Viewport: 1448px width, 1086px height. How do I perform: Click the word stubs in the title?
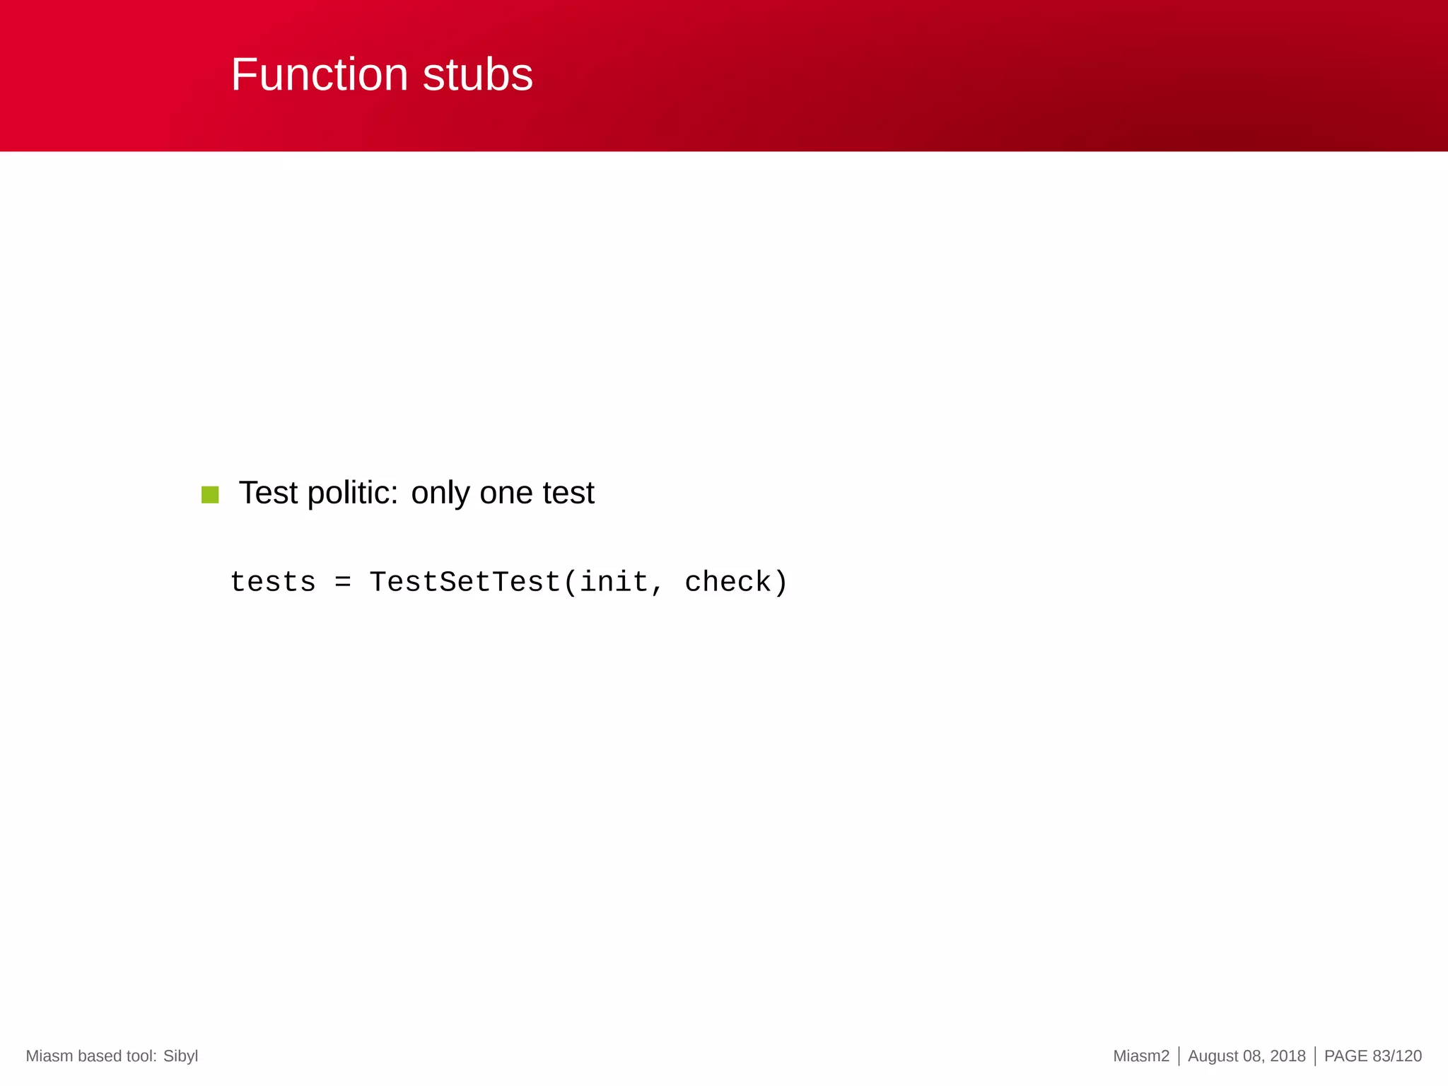pos(477,75)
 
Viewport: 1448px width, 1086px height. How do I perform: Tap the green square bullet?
pos(210,494)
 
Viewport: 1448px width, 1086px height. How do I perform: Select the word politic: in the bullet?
pos(353,493)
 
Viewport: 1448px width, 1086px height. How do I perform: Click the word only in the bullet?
pos(440,493)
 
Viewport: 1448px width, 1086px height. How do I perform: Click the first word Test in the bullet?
pos(269,493)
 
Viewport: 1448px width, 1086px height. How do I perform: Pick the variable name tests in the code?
pos(273,583)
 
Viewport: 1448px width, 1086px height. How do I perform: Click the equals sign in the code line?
pos(342,583)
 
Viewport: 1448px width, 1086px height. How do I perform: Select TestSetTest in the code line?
pos(465,583)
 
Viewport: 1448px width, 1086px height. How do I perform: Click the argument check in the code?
pos(728,583)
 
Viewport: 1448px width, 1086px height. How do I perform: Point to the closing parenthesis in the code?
pos(781,583)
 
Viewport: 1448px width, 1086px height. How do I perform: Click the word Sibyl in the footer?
pos(180,1056)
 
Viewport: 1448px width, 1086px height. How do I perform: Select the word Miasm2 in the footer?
pos(1140,1056)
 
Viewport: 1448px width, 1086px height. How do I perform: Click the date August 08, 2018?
pos(1246,1056)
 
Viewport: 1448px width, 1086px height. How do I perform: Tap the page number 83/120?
pos(1396,1056)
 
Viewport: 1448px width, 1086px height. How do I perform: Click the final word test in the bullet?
pos(568,493)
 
